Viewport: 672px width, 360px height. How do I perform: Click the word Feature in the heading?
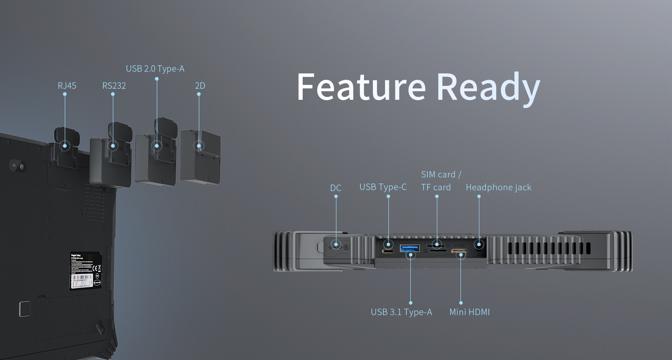point(361,87)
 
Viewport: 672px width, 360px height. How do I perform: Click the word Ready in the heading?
point(488,87)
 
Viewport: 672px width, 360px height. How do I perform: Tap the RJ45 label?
point(67,86)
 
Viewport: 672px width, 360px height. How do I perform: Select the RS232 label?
point(114,86)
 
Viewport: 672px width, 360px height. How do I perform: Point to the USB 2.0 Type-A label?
point(155,69)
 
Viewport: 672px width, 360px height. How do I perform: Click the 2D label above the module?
point(200,86)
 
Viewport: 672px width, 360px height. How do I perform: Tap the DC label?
point(335,188)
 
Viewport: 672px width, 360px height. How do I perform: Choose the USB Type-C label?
point(383,187)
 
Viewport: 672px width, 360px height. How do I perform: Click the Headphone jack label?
point(498,187)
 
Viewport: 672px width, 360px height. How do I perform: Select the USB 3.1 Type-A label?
point(401,312)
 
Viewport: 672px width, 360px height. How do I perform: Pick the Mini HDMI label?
point(470,312)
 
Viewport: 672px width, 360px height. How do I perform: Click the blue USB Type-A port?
point(410,248)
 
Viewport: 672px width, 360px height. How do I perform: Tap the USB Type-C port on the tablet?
point(388,251)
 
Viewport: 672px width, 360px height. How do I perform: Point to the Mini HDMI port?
point(460,252)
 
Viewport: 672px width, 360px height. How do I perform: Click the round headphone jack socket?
point(479,245)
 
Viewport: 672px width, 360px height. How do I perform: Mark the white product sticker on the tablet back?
point(86,270)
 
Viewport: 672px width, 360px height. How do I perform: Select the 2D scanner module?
point(200,157)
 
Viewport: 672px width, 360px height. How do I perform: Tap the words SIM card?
point(438,175)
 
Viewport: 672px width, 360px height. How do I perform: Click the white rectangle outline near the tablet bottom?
point(25,309)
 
